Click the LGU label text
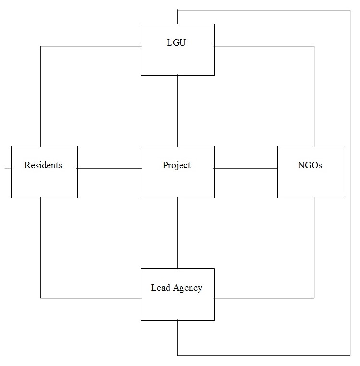point(177,43)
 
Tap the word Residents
point(43,165)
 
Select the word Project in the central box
point(177,166)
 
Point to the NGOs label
point(310,165)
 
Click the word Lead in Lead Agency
point(159,288)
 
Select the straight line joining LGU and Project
point(178,110)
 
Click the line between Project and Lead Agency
point(178,233)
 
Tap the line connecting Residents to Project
point(109,169)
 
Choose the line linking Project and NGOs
point(246,169)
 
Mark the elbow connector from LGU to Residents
point(41,96)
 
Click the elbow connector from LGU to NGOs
point(314,96)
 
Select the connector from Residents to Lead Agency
point(41,250)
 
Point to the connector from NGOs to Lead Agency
point(314,250)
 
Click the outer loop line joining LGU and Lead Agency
point(350,183)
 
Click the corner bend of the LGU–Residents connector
point(41,46)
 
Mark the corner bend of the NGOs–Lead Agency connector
point(314,298)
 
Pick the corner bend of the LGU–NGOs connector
point(314,46)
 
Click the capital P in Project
point(165,165)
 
